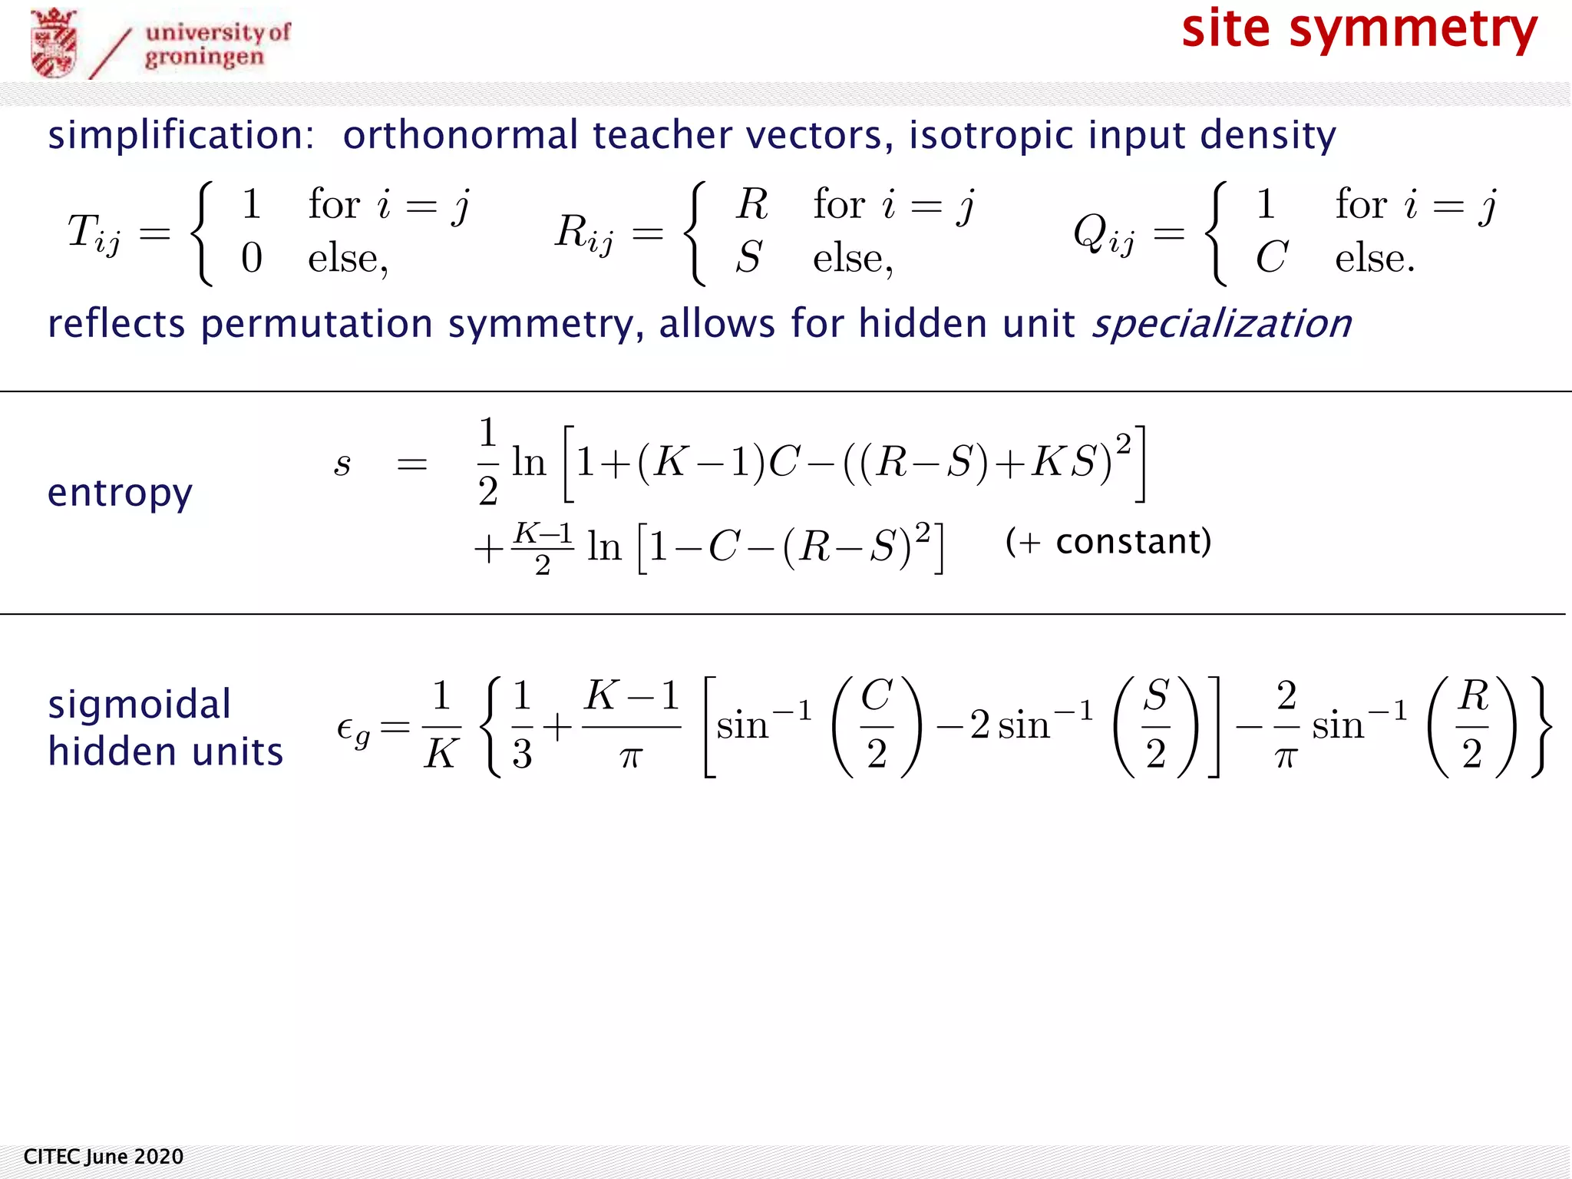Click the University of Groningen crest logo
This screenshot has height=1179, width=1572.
[54, 43]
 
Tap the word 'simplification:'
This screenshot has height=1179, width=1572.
[181, 135]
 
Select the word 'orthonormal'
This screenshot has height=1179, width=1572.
[460, 135]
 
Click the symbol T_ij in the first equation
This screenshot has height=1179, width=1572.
[94, 233]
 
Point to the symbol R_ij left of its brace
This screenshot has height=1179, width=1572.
[584, 233]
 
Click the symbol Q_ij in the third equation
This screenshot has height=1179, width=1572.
[1104, 233]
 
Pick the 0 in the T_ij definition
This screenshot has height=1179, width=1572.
[252, 258]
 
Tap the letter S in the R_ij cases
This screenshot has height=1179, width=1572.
[749, 258]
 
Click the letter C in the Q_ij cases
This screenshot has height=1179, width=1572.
[1270, 258]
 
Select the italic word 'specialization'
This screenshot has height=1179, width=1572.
[1221, 324]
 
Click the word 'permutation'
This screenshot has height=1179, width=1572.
[317, 324]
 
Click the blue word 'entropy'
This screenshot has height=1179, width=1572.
[120, 493]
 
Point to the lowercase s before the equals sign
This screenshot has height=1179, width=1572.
[342, 464]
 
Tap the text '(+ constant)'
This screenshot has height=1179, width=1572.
[1108, 542]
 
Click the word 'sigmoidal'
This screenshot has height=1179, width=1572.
[139, 705]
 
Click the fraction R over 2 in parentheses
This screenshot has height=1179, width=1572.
[1472, 725]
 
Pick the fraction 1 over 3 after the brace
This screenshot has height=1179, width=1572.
[522, 725]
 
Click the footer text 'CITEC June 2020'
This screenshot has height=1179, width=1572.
[104, 1157]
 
